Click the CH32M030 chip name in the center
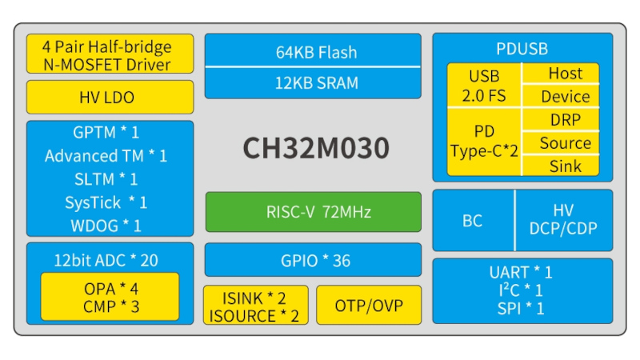point(316,149)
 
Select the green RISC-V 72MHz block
point(313,212)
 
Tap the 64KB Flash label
point(313,53)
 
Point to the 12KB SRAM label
point(313,82)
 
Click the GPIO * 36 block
point(313,261)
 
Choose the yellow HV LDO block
point(110,98)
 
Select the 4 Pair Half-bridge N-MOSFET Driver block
point(110,54)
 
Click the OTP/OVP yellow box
point(369,306)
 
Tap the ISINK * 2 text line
point(254,297)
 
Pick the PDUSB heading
point(522,49)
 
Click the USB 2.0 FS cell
point(484,86)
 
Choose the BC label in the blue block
point(473,221)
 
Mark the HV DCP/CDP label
point(563,220)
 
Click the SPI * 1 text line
point(522,308)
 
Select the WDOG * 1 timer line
point(110,226)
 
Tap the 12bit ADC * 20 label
point(110,260)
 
